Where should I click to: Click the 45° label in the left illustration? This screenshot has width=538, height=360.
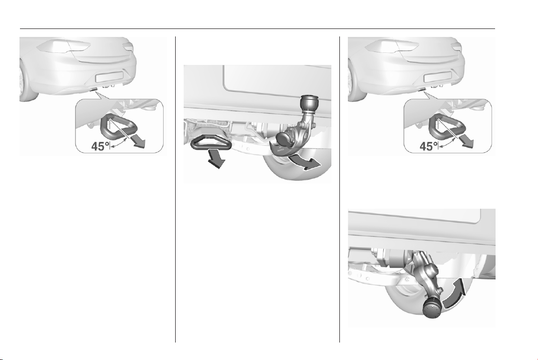100,146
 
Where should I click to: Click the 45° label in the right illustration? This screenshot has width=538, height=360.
429,146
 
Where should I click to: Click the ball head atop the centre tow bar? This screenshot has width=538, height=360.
307,103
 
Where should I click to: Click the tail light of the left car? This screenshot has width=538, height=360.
63,45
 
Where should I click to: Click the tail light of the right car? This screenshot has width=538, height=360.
392,45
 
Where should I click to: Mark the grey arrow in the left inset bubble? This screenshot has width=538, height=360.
137,141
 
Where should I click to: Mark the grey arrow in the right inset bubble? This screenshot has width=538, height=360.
466,141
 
